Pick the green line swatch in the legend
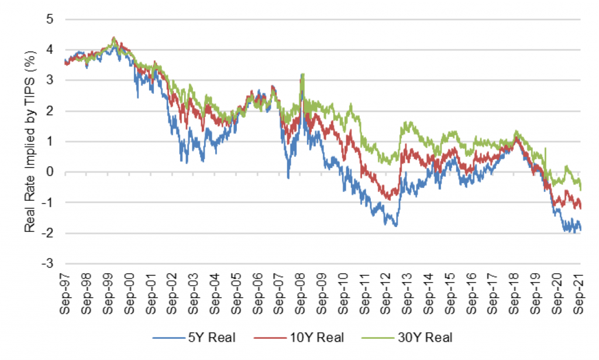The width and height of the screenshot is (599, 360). click(x=376, y=338)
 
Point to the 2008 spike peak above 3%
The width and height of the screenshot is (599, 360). click(x=302, y=74)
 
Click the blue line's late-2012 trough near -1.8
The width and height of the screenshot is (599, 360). click(x=396, y=225)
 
